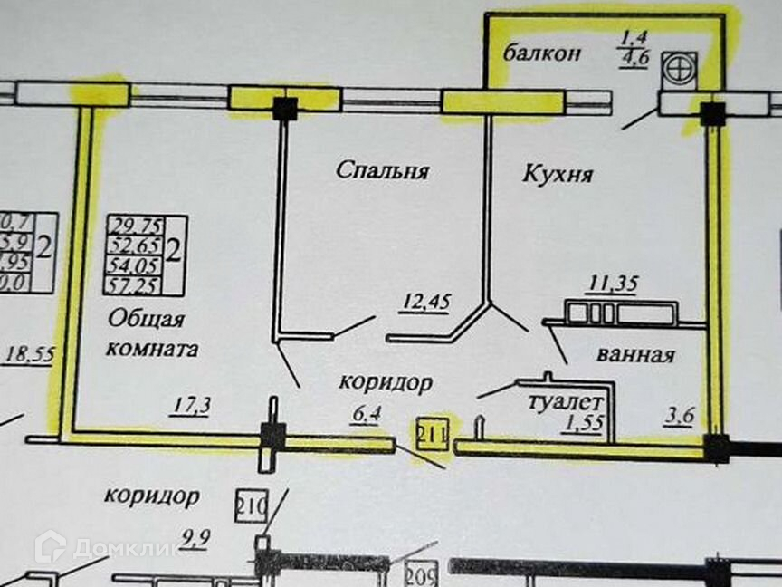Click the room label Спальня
[381, 169]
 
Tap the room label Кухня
[558, 174]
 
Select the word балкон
[542, 53]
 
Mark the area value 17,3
[190, 407]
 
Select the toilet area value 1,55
[583, 423]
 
